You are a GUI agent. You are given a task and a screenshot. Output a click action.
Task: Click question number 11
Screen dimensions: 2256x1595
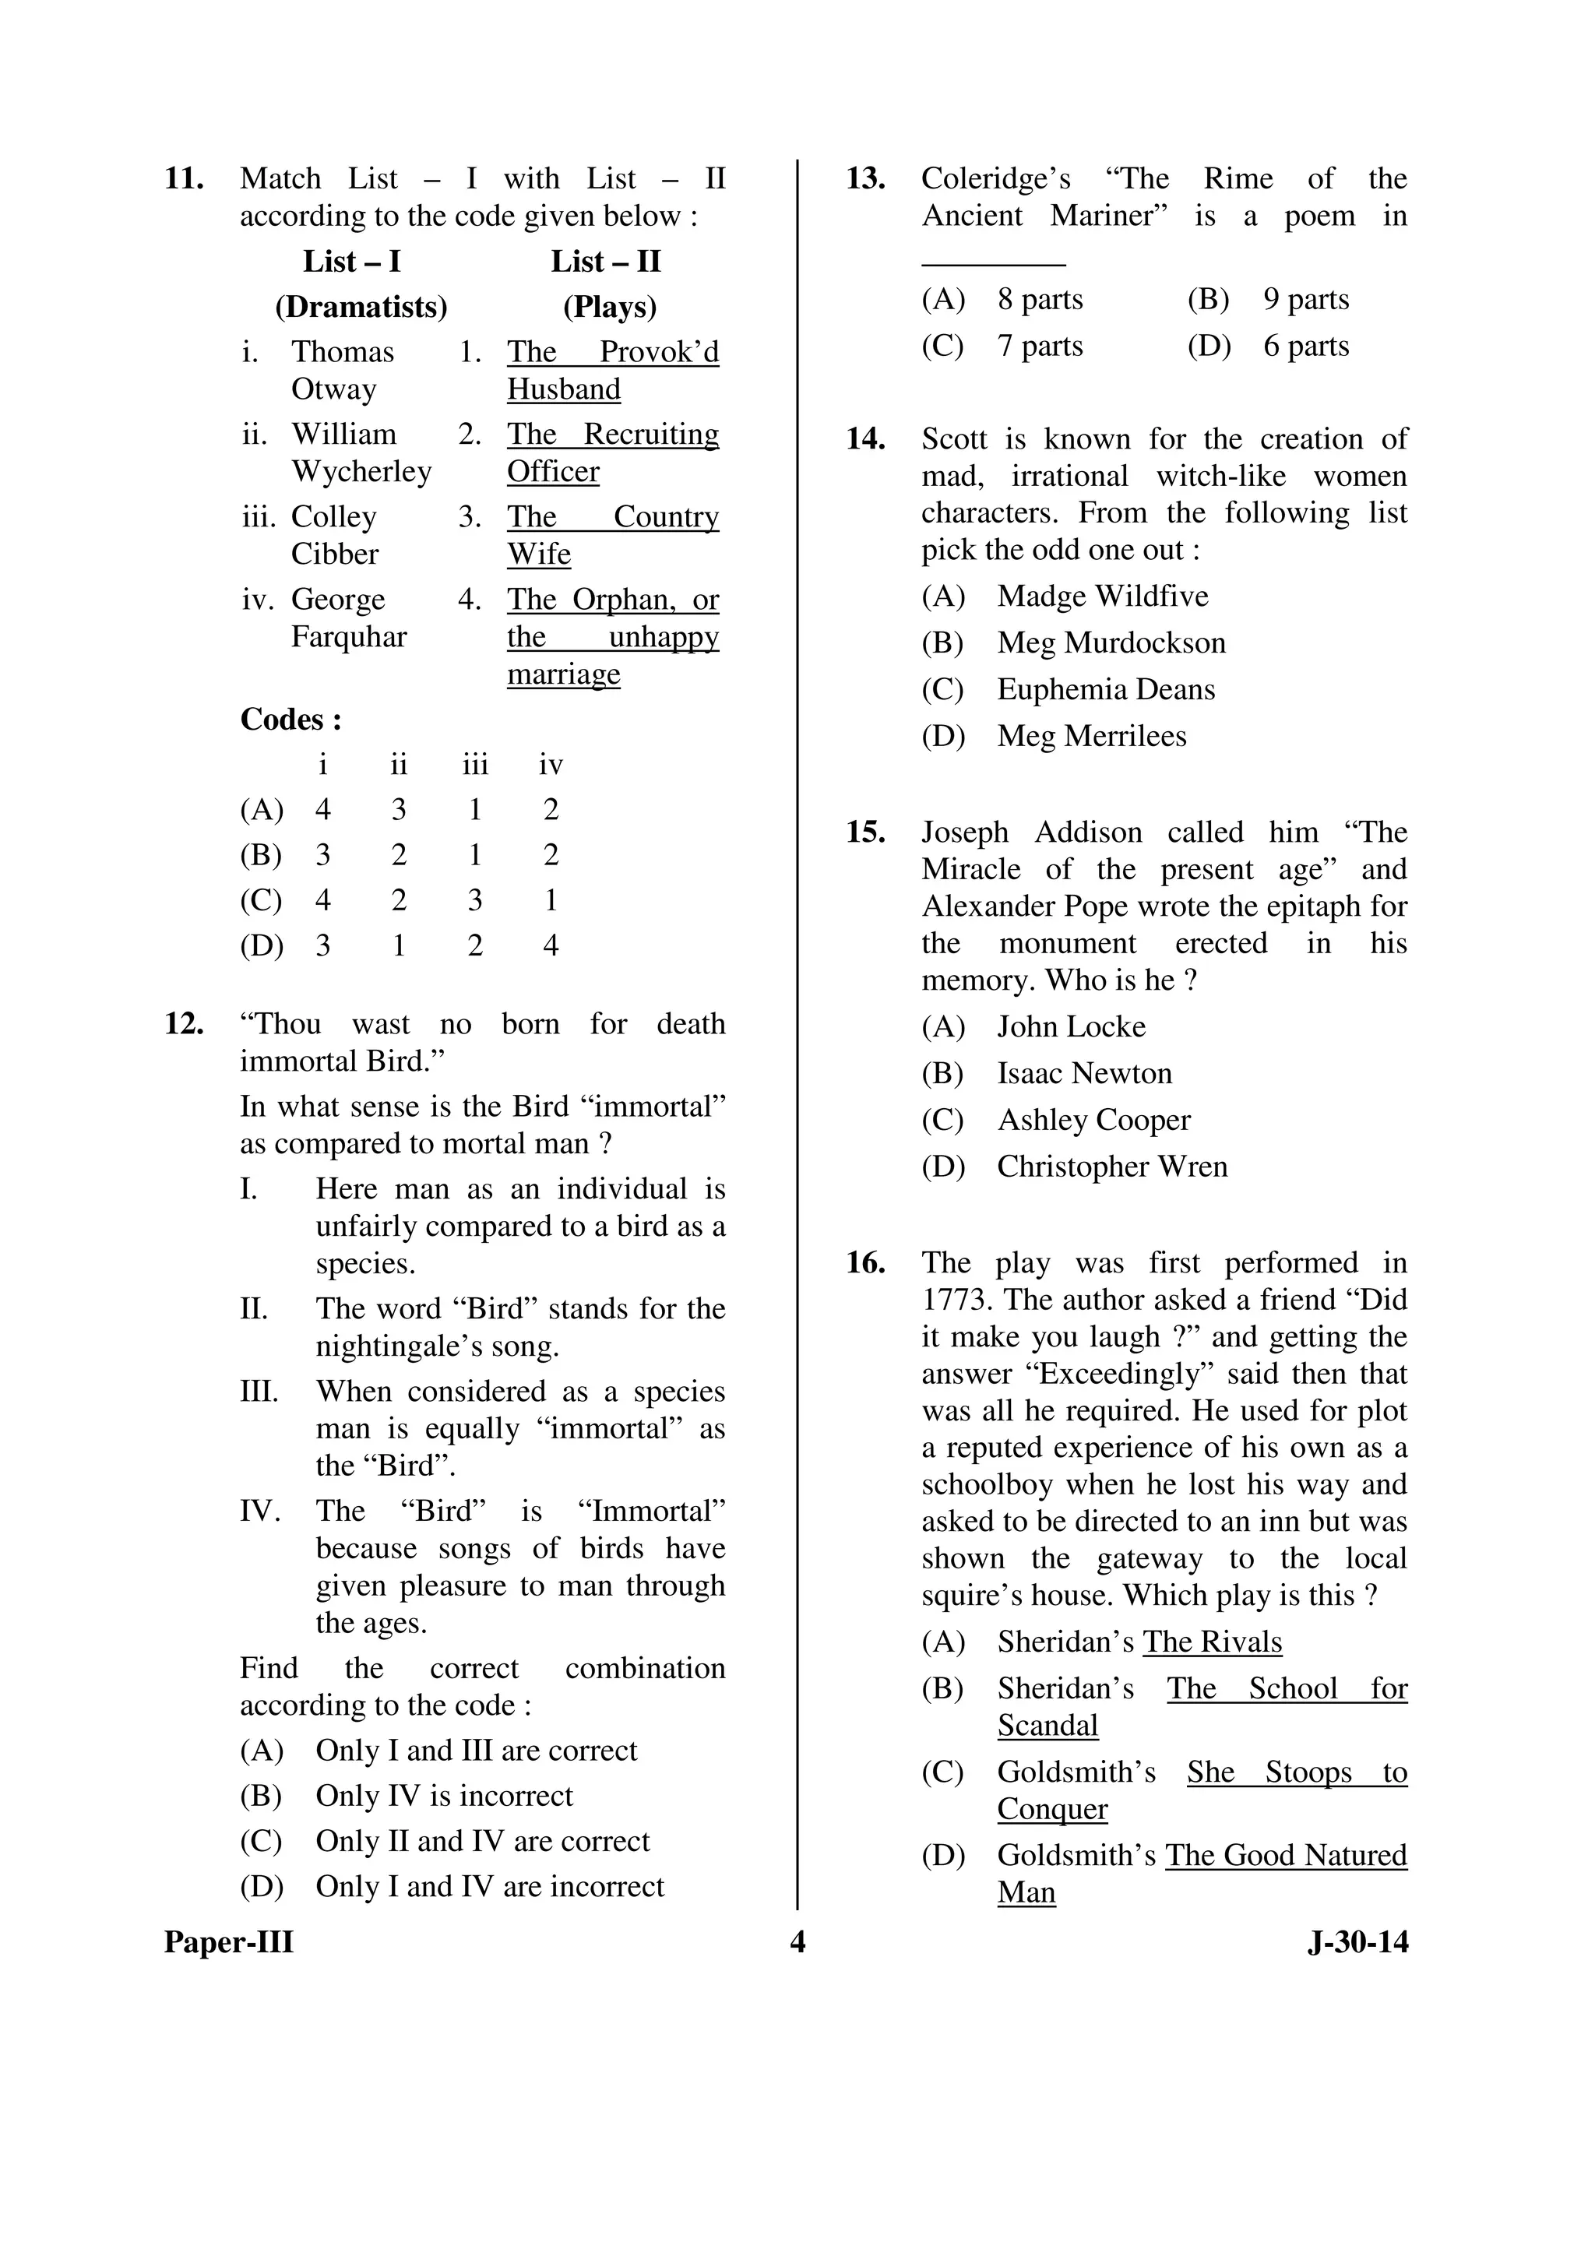(x=184, y=180)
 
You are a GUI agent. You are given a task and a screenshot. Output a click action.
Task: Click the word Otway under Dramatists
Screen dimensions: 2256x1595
(x=333, y=390)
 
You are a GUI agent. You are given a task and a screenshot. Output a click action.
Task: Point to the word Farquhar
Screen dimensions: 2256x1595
(x=348, y=638)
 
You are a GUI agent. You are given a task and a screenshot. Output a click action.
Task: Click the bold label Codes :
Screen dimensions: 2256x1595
(x=291, y=720)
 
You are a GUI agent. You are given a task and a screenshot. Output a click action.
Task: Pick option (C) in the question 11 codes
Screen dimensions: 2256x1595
(x=260, y=901)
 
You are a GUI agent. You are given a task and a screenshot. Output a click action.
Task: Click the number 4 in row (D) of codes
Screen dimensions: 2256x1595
(x=551, y=946)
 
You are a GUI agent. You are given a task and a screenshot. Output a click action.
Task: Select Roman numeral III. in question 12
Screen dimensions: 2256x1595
(x=259, y=1392)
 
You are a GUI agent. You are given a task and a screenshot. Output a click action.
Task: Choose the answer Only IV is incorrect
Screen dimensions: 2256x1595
(x=443, y=1796)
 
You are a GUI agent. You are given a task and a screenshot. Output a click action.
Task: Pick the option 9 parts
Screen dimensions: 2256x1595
(x=1305, y=300)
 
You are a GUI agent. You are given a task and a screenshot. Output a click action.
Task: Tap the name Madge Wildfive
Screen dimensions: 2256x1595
(x=1102, y=597)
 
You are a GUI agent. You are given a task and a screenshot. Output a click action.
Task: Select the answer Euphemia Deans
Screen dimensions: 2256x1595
(x=1106, y=690)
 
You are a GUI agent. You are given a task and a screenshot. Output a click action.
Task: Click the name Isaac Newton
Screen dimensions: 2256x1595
(x=1084, y=1074)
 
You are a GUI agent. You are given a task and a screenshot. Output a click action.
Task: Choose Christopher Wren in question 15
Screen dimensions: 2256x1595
(x=1111, y=1167)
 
